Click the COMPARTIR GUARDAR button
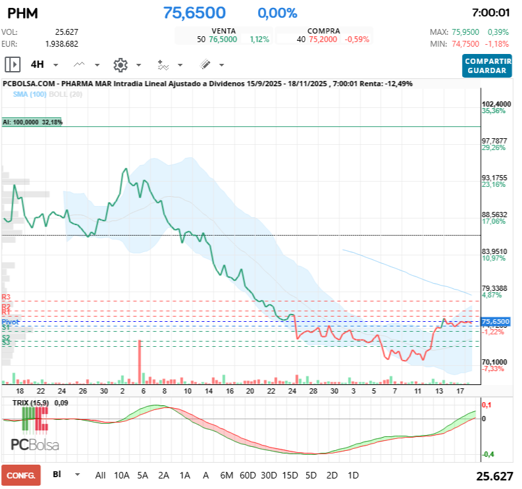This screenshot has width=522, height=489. (x=486, y=65)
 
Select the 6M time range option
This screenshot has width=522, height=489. (x=227, y=475)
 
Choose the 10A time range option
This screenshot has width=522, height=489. (x=122, y=475)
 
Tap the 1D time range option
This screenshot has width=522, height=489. (x=353, y=475)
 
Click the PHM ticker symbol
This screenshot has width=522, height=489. (x=22, y=13)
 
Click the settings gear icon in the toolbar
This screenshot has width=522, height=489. (x=120, y=64)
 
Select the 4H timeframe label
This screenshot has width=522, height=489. (x=38, y=64)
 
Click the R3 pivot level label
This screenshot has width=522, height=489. (x=6, y=297)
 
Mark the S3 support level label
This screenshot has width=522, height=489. (x=6, y=343)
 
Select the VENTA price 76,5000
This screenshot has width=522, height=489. (x=223, y=39)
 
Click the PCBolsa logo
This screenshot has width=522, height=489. (x=35, y=445)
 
